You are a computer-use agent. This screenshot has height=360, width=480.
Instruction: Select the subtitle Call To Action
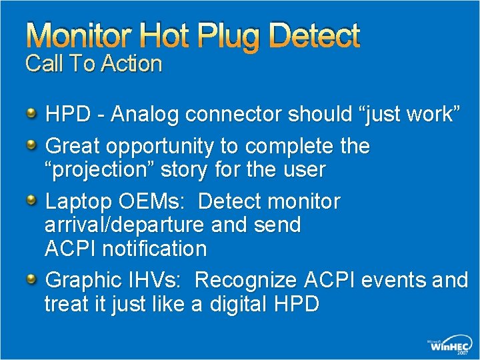pyautogui.click(x=93, y=64)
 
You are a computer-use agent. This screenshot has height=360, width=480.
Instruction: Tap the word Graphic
pyautogui.click(x=83, y=280)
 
